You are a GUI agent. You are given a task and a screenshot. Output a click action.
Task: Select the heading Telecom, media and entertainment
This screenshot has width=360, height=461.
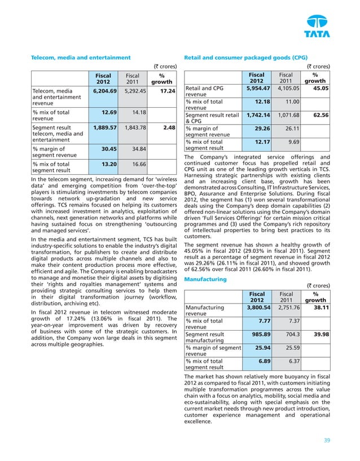(x=81, y=57)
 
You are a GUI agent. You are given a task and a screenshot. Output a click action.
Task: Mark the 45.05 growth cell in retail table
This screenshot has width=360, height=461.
(x=321, y=88)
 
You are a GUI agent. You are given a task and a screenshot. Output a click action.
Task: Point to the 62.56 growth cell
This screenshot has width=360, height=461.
(x=321, y=115)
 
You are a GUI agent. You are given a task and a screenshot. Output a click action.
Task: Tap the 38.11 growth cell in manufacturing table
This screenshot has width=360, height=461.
(x=321, y=308)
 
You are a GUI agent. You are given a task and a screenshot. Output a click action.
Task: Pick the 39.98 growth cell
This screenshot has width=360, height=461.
(x=321, y=335)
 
